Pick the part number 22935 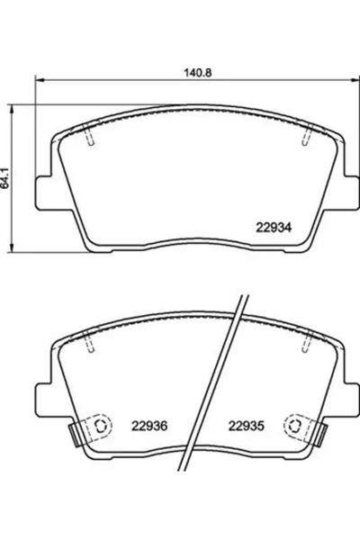(x=243, y=426)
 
